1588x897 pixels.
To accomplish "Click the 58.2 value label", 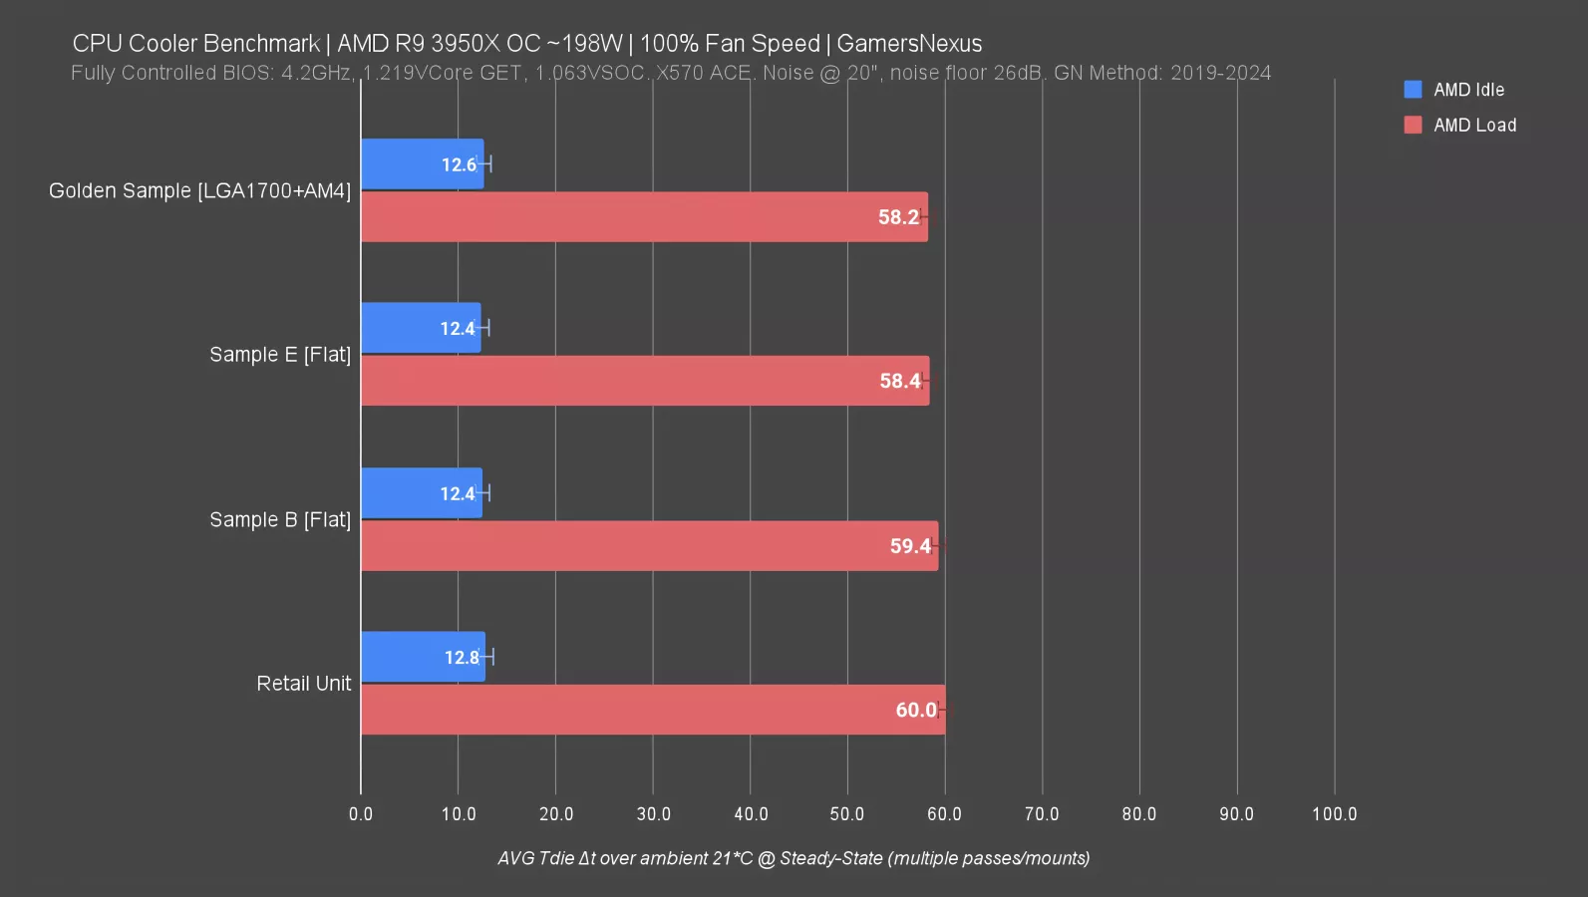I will point(898,217).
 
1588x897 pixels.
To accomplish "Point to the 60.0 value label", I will point(915,710).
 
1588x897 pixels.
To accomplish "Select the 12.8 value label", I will point(461,658).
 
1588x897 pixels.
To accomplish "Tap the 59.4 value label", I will point(909,546).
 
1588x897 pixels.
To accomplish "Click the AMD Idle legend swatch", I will point(1413,90).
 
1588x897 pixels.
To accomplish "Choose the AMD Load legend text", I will point(1474,126).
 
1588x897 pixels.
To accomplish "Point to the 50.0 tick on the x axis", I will point(847,814).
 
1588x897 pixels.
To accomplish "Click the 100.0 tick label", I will point(1334,814).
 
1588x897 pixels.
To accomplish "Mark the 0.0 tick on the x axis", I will point(361,814).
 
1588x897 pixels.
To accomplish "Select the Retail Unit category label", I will point(304,684).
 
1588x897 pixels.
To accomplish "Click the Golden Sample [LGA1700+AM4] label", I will point(199,191).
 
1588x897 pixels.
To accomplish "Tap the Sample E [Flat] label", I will point(280,355).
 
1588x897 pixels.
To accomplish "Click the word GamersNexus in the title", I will point(909,44).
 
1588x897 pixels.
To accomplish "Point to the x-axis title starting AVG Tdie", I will point(794,858).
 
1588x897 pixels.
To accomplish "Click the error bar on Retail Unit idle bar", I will point(488,657).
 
